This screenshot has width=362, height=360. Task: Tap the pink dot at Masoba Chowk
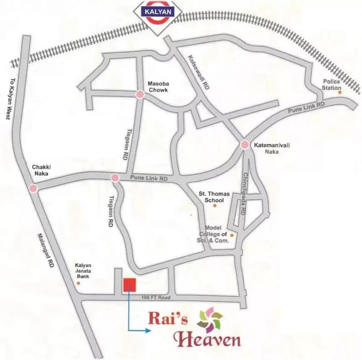click(x=140, y=94)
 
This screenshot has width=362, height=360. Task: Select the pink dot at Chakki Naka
click(x=33, y=189)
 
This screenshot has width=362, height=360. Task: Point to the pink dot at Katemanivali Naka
click(x=245, y=146)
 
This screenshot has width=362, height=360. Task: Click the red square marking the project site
click(x=129, y=285)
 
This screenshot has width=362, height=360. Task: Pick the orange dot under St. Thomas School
click(x=215, y=206)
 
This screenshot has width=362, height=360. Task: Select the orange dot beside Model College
click(x=232, y=236)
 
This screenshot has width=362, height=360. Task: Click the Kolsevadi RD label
click(x=198, y=72)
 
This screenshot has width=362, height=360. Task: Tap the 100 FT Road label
click(x=155, y=299)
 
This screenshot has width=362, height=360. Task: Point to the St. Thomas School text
click(x=211, y=197)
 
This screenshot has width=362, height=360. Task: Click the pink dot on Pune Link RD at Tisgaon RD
click(x=115, y=178)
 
